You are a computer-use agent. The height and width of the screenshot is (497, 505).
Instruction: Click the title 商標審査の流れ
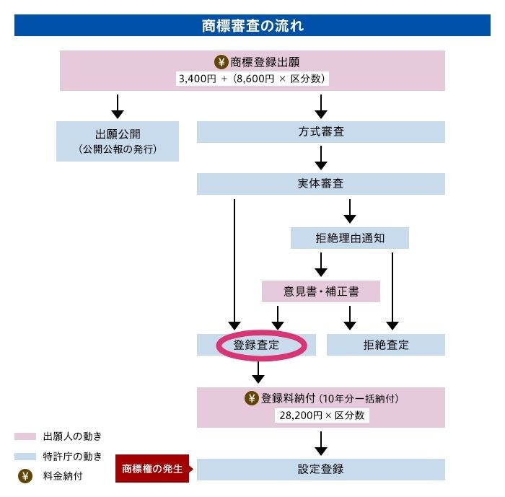(x=252, y=27)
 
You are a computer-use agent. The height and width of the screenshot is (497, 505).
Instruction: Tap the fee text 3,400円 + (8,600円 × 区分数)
(x=252, y=79)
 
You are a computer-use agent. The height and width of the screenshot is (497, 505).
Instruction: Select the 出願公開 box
(x=118, y=141)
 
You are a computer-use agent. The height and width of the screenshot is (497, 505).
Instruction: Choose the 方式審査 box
(x=320, y=132)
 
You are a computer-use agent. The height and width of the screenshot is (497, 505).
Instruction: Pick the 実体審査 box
(x=320, y=184)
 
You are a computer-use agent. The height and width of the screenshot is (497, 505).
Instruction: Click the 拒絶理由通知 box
(x=349, y=238)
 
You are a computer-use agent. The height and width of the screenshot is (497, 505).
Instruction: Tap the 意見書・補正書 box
(x=321, y=291)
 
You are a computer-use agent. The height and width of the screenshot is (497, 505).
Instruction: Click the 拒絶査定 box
(x=385, y=345)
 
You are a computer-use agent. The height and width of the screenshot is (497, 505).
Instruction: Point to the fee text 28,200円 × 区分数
(x=320, y=415)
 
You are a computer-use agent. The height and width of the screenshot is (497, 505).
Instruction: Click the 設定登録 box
(x=320, y=469)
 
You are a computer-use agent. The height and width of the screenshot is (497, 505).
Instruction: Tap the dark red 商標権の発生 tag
(x=151, y=469)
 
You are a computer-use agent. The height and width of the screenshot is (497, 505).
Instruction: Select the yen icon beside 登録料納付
(x=252, y=398)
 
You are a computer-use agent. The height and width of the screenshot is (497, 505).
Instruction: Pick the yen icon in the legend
(x=25, y=476)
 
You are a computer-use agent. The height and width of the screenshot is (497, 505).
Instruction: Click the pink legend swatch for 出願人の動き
(x=25, y=436)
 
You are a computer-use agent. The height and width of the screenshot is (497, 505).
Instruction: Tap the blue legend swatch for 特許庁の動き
(x=25, y=456)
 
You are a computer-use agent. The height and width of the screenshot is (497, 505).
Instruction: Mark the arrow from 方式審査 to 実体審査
(x=321, y=157)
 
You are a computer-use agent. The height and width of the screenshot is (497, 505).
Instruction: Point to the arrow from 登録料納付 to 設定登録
(x=321, y=442)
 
